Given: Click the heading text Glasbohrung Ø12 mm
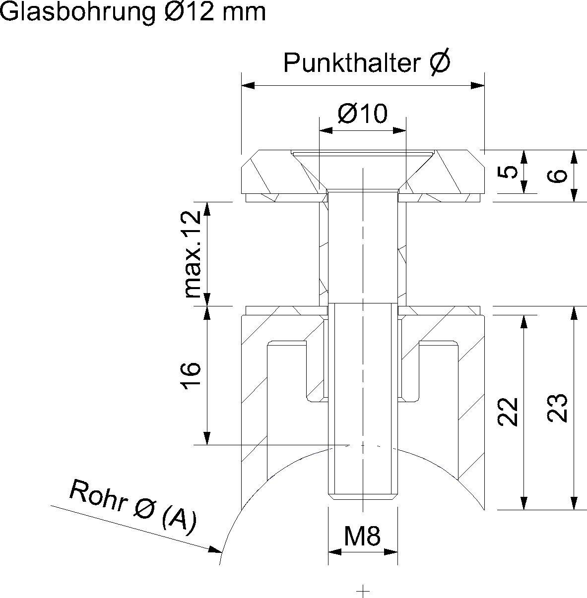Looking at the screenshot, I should (x=133, y=12).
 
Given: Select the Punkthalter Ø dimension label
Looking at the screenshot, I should (x=367, y=63).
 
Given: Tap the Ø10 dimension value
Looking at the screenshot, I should (x=362, y=114).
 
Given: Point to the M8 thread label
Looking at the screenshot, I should (x=362, y=536).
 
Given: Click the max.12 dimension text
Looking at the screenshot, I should (x=193, y=254).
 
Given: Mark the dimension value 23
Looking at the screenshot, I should (x=558, y=408).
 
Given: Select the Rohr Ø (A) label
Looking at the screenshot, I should (x=133, y=507).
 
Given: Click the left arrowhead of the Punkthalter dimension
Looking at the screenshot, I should (x=247, y=86).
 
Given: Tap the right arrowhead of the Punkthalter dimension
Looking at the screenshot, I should (x=478, y=86).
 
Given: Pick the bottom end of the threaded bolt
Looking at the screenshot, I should (x=363, y=496).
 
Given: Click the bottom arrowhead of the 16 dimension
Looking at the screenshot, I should (x=207, y=439).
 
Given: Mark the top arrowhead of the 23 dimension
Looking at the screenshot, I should (x=574, y=313).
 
